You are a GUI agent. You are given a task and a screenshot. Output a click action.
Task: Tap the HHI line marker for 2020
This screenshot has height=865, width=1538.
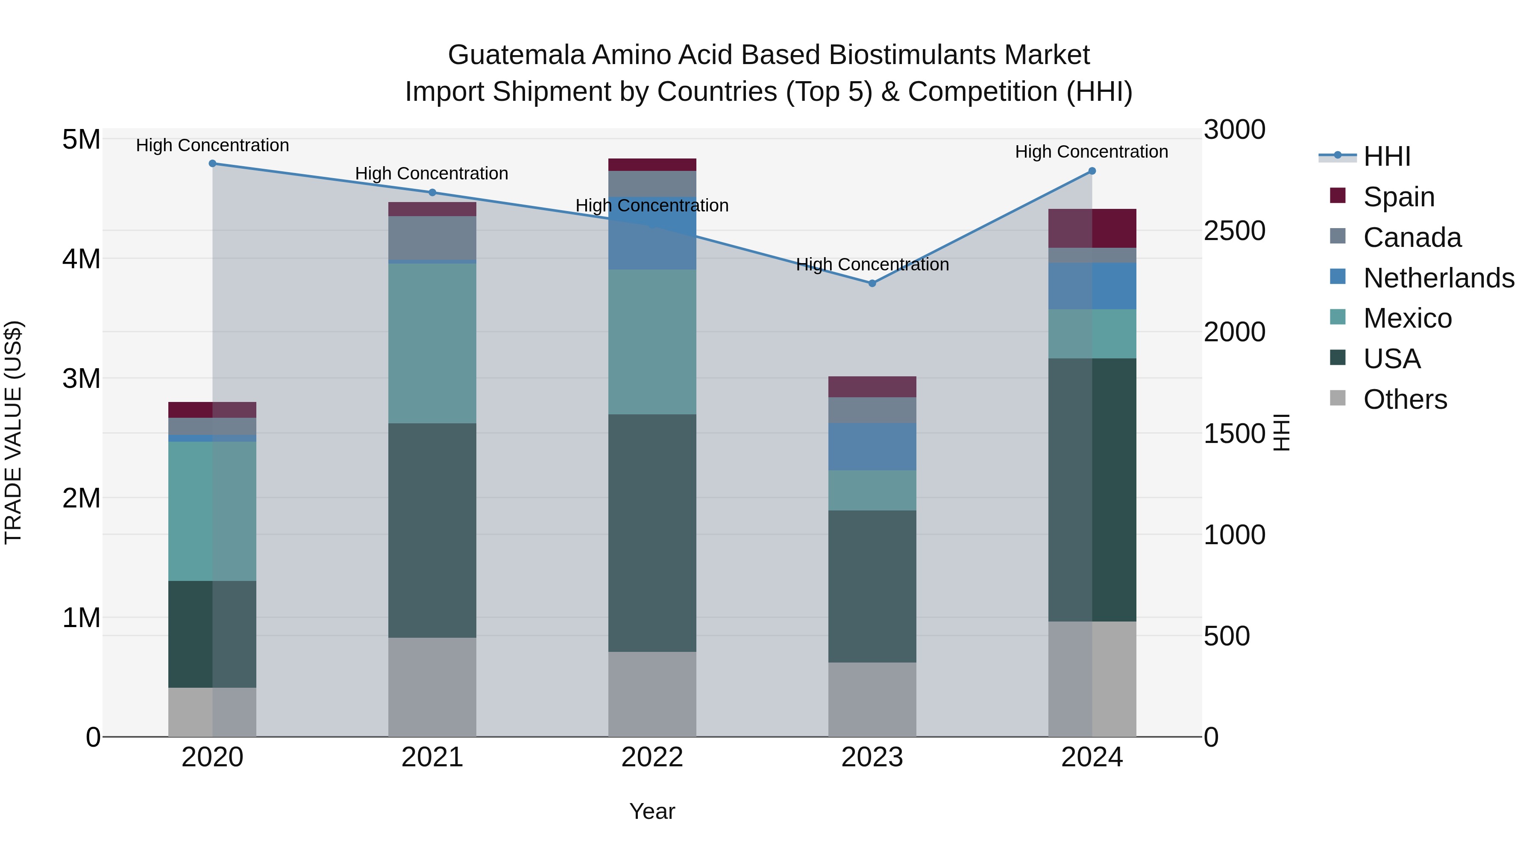click(213, 163)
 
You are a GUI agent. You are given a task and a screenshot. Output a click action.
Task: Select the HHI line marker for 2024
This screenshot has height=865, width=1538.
click(1092, 171)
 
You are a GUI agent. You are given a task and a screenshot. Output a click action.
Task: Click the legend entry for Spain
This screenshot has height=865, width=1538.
click(1398, 196)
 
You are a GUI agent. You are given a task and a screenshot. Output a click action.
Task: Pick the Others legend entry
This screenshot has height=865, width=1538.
click(1405, 399)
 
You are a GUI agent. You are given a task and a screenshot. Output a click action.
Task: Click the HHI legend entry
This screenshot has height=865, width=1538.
click(1386, 156)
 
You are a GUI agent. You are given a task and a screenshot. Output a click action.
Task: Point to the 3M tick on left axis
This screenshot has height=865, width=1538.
click(81, 378)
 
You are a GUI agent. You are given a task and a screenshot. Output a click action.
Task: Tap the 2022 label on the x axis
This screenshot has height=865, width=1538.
click(652, 757)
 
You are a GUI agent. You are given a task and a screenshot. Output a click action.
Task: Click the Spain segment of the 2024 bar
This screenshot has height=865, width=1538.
click(1092, 228)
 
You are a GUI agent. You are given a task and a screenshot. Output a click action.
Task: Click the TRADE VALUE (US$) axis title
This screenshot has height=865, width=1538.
click(13, 432)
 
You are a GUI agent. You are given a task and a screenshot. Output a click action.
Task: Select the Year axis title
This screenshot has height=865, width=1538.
click(652, 811)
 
